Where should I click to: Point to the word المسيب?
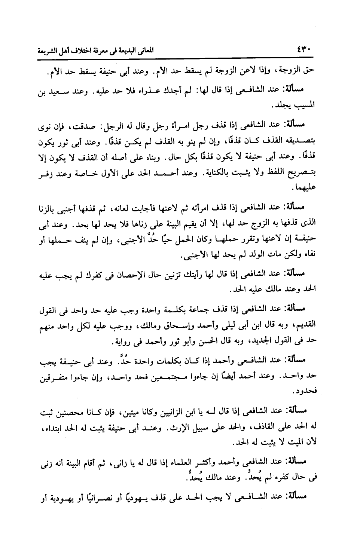tap(306, 106)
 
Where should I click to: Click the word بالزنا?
tap(50, 207)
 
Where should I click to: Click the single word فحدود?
tap(306, 392)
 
